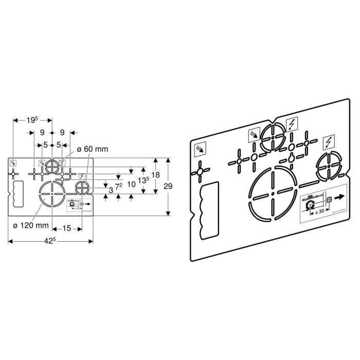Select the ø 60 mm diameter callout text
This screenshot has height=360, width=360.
[93, 149]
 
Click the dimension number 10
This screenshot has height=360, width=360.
[132, 184]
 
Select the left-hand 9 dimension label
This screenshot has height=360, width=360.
[42, 132]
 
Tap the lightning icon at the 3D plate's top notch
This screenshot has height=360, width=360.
[292, 124]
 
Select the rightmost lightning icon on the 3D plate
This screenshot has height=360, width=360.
[327, 140]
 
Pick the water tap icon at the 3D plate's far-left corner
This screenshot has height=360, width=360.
[199, 150]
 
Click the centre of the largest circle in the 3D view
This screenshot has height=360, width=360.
[273, 194]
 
